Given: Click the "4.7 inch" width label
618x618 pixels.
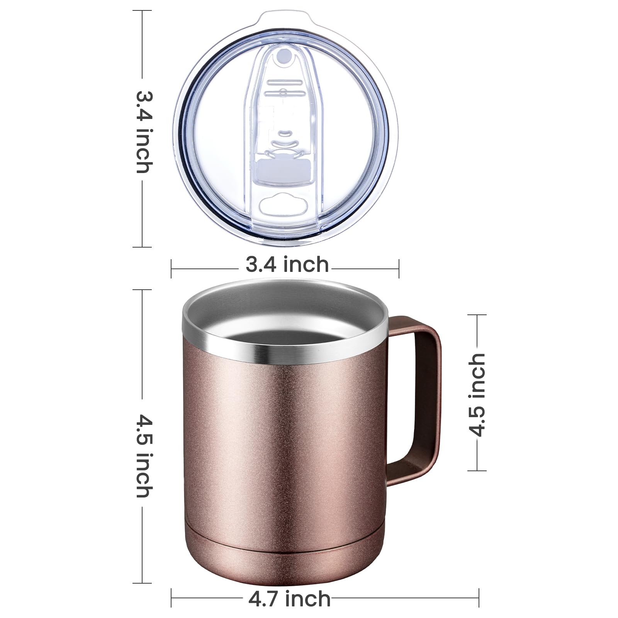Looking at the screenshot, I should [x=289, y=599].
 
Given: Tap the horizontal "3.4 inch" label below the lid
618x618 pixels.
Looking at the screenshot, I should [x=287, y=265].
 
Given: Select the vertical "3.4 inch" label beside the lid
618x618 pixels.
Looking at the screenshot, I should [x=144, y=132].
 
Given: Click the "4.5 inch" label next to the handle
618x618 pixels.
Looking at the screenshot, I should [x=476, y=394].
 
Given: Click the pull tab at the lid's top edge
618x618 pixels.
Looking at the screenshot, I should [x=285, y=19].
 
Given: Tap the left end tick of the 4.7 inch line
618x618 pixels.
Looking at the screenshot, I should [x=171, y=599].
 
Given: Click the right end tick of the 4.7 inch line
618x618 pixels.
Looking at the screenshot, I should [x=479, y=599].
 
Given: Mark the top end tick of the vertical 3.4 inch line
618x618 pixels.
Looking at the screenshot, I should [x=142, y=10].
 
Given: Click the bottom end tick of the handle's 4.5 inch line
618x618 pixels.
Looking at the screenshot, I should [x=477, y=470].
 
